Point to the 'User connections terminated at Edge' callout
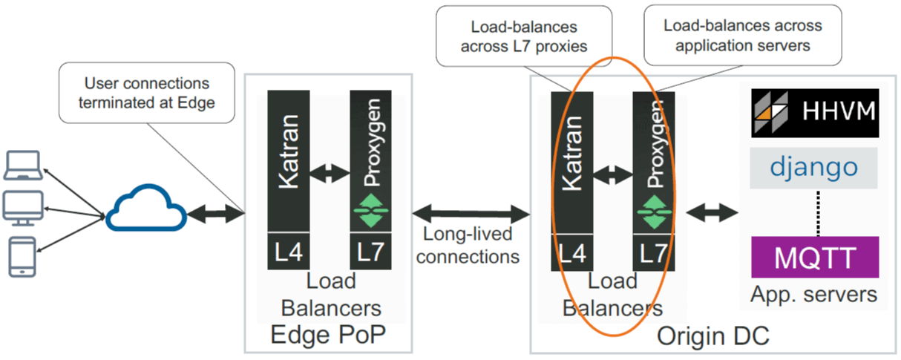pos(147,93)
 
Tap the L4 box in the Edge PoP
pos(288,252)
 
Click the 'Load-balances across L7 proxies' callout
pos(525,36)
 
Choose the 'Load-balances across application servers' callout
pos(742,35)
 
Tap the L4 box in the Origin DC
pos(571,252)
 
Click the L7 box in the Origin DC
pos(653,252)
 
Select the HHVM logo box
pos(814,113)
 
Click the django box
pos(814,167)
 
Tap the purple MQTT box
pos(814,257)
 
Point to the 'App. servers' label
pos(814,295)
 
